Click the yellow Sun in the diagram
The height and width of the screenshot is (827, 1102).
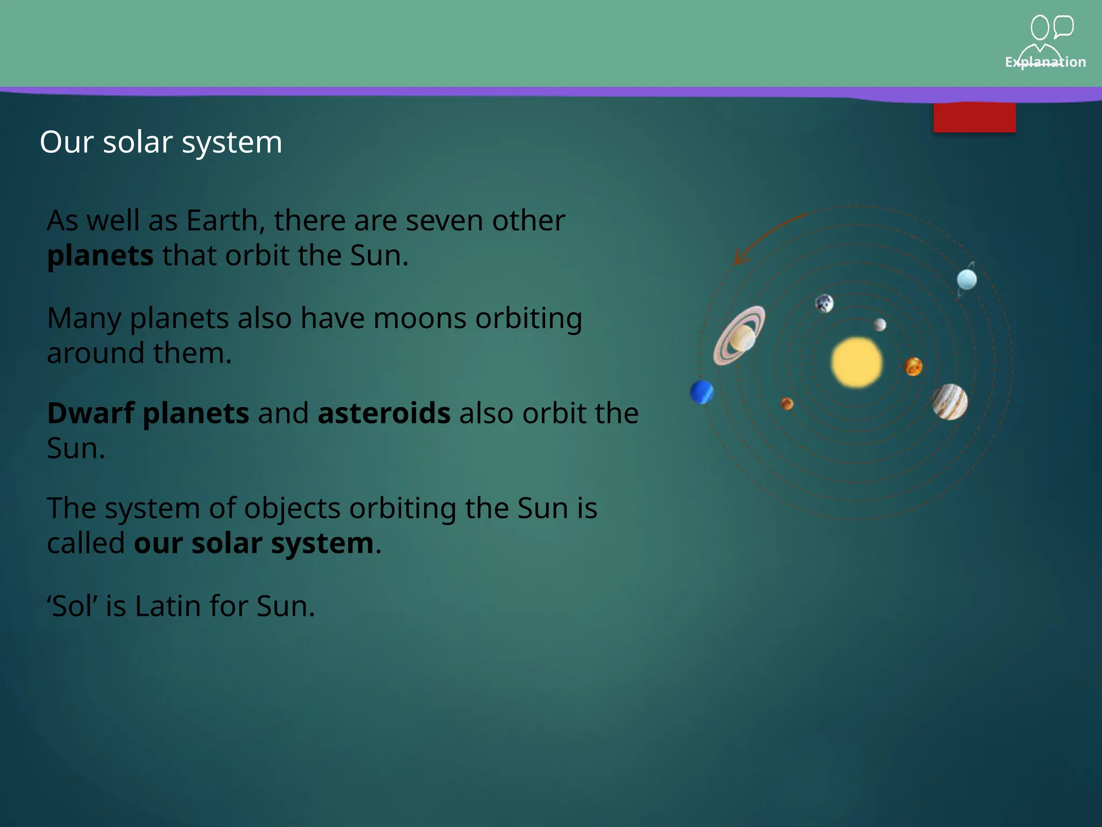coord(857,362)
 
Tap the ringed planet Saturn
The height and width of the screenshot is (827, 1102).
coord(740,336)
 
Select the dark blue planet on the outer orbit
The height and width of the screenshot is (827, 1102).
coord(702,392)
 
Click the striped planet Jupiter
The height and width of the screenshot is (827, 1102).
coord(950,402)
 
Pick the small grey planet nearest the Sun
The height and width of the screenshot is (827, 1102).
coord(880,325)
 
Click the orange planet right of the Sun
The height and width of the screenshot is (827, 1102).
coord(913,367)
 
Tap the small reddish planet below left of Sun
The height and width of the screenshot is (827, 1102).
coord(787,404)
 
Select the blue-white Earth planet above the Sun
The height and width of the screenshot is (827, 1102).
coord(824,304)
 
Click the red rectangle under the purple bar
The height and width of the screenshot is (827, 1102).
coord(974,117)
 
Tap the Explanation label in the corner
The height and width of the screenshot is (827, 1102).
coord(1045,62)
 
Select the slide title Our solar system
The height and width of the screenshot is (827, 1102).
coord(161,142)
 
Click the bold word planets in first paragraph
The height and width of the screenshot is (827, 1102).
coord(100,256)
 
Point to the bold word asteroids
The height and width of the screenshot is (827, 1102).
coord(384,413)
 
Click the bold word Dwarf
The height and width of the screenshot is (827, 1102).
coord(90,413)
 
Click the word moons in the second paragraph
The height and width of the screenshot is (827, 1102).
coord(419,318)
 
